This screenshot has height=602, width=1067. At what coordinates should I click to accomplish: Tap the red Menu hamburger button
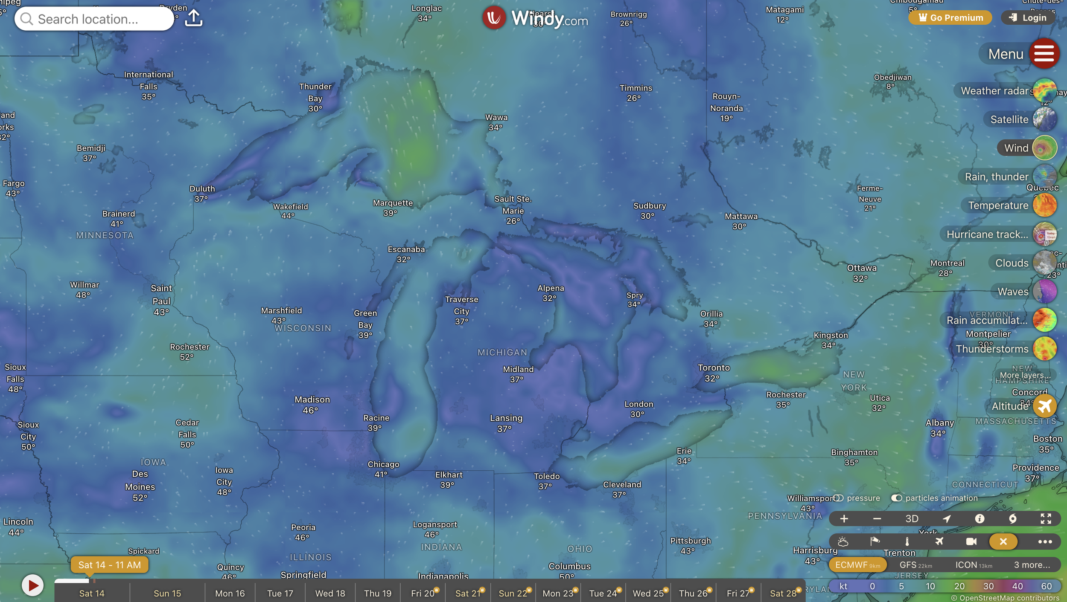coord(1044,54)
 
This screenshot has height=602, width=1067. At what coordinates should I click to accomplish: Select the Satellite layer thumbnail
coord(1044,119)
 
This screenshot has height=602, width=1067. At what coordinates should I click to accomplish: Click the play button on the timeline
coord(32,585)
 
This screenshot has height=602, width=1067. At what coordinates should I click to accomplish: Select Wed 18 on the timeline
coord(330,593)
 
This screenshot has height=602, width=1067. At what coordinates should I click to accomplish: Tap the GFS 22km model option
coord(915,565)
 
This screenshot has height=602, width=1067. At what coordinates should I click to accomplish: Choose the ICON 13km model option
coord(973,565)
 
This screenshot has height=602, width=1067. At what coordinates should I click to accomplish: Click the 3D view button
coord(912,518)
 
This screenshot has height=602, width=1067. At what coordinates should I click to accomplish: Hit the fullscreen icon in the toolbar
coord(1046,518)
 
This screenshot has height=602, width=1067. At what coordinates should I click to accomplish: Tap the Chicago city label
coord(383,465)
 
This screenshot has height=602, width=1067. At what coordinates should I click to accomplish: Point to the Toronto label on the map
coord(714,368)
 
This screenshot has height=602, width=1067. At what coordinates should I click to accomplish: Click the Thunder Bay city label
coord(315,93)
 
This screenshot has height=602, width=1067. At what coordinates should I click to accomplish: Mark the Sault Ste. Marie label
coord(513,205)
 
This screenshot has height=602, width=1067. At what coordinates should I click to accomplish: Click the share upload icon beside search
coord(193,18)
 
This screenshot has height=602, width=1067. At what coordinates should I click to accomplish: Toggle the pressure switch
coord(839,498)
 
